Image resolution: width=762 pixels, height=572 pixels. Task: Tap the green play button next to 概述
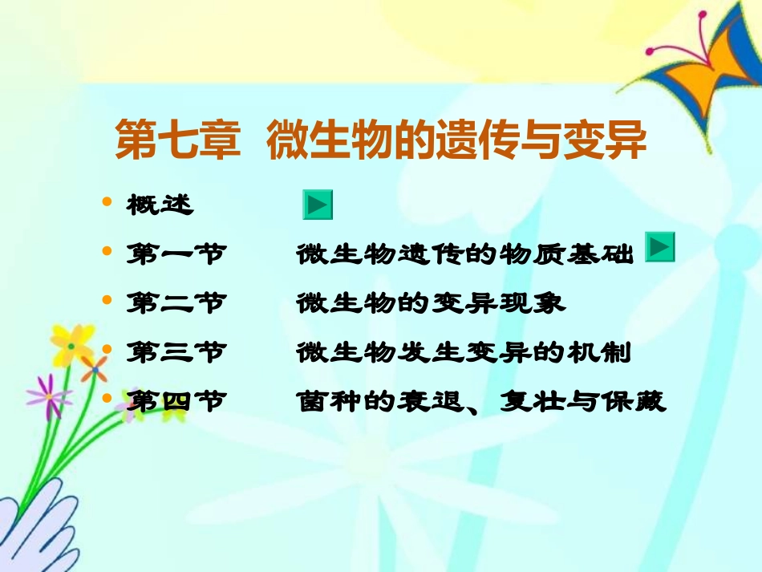point(317,205)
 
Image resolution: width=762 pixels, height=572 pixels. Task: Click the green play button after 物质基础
point(660,249)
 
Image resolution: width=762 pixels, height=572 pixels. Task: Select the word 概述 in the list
point(160,205)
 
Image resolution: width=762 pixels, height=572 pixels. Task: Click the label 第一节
point(176,255)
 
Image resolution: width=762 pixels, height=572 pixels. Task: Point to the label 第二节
point(176,303)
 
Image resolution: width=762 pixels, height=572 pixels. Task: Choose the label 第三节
point(176,352)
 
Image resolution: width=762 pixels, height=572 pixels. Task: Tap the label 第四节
point(176,400)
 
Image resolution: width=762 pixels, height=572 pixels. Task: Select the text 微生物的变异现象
point(431,303)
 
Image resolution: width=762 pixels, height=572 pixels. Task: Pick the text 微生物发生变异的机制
point(464,352)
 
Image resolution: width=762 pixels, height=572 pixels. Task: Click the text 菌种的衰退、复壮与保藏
point(480,400)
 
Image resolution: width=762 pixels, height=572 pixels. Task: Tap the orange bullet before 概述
point(107,202)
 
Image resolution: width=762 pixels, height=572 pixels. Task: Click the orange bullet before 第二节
point(107,300)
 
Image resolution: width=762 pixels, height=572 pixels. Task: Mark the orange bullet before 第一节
point(107,251)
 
